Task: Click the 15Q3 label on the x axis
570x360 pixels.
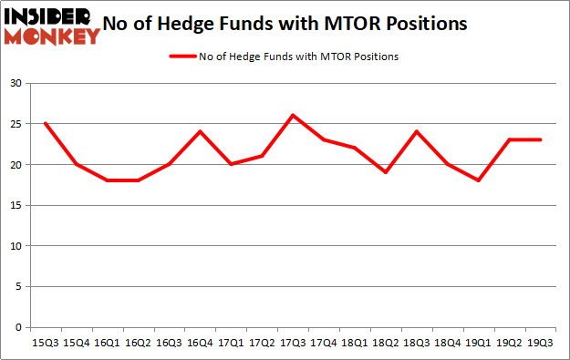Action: (45, 344)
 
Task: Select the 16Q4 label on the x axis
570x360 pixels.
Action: (199, 344)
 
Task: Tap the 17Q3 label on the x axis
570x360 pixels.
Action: (292, 344)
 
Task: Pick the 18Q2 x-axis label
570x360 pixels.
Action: (385, 344)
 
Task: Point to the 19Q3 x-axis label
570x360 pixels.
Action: (539, 344)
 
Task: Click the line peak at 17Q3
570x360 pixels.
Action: (292, 115)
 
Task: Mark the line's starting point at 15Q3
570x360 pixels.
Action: (45, 123)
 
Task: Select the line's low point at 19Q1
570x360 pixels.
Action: (478, 180)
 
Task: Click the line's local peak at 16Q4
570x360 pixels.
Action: (199, 131)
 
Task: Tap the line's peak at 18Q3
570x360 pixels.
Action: (416, 131)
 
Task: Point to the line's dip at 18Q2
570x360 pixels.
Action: (385, 172)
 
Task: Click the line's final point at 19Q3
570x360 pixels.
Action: (539, 139)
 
